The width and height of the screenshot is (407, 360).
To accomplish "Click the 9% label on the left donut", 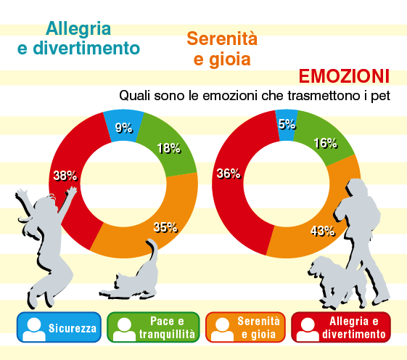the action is point(124,128).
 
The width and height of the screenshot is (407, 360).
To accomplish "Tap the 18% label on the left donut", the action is point(169,148).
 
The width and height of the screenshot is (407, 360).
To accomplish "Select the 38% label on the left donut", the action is point(65,176).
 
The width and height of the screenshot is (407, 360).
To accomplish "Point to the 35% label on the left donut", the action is point(165,227).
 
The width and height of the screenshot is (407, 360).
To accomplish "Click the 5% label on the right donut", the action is point(287,124).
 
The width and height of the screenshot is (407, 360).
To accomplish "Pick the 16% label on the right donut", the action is point(326,143).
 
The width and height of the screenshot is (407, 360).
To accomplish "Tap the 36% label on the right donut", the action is point(229,173).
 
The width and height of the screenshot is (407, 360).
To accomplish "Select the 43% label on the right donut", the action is point(322,231).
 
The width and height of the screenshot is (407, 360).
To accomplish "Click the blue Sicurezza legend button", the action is point(59,327).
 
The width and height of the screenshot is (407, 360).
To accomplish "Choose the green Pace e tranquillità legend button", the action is point(153,327).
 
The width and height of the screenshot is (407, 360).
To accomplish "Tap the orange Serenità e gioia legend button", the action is point(245,327).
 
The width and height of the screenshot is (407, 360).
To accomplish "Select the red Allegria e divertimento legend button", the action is point(341,327).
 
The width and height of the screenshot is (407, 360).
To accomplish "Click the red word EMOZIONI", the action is point(344,76).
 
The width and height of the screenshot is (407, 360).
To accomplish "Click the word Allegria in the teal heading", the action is point(78,29).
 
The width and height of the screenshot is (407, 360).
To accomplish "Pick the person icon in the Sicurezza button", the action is point(34,329).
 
